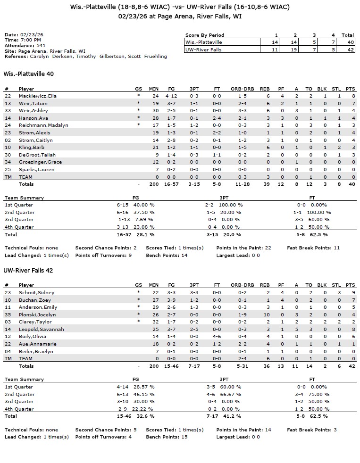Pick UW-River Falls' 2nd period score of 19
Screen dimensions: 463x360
coord(295,50)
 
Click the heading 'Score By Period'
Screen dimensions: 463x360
coord(204,35)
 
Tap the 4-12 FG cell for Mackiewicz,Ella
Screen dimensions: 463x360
coord(171,96)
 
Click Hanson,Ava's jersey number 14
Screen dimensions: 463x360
coord(8,118)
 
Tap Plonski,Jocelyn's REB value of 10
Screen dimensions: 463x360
coord(266,314)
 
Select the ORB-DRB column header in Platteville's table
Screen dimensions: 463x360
coord(243,89)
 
